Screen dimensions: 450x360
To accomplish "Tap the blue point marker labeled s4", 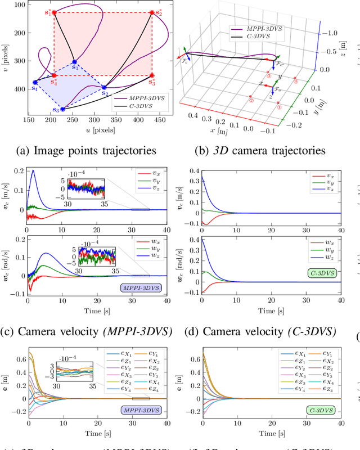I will [35, 82].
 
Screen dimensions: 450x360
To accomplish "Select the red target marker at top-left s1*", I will [54, 12].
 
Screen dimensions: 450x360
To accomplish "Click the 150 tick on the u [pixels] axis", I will [27, 119].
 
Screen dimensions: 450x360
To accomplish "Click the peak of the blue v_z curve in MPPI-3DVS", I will [33, 170].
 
